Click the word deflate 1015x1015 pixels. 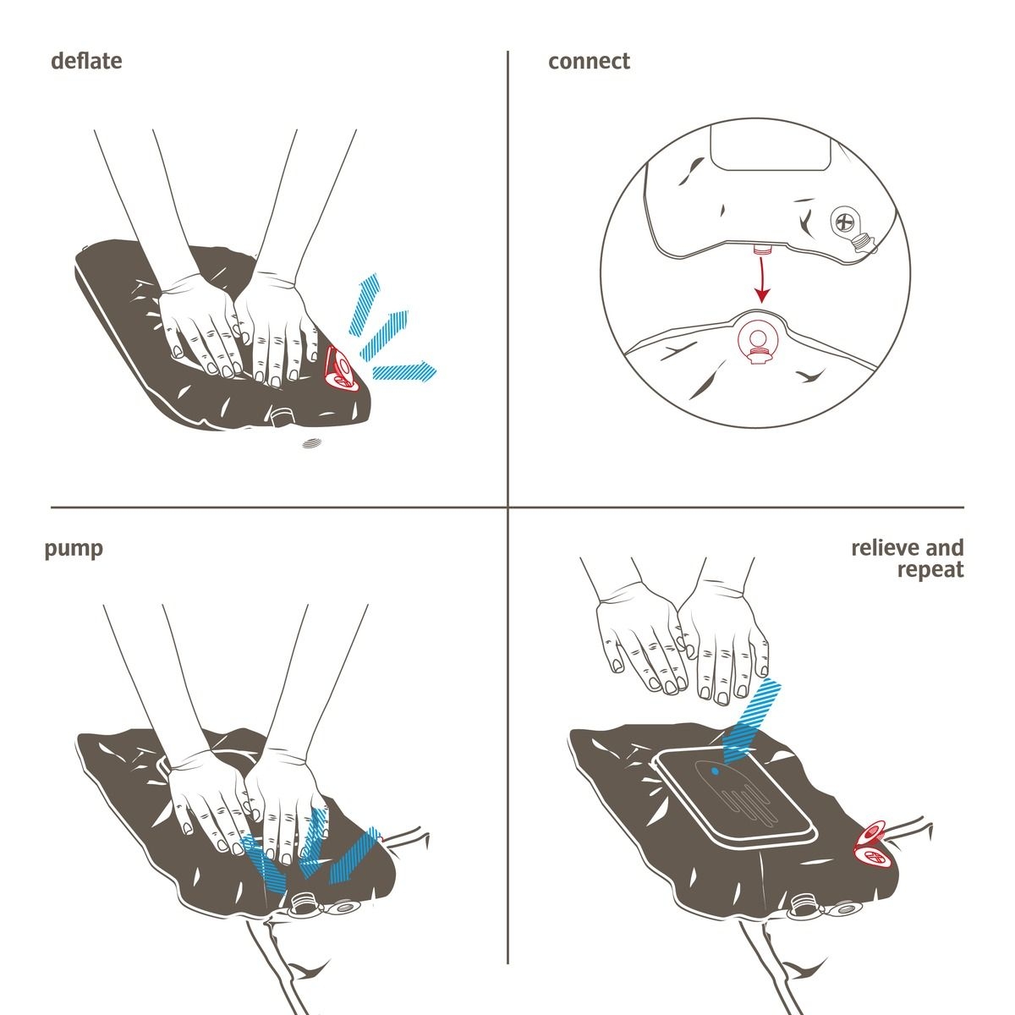(86, 61)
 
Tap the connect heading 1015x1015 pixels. (589, 62)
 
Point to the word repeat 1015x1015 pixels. (930, 570)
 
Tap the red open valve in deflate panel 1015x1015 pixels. (343, 369)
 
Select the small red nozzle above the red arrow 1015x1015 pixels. (761, 249)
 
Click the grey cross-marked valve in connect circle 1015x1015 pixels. (844, 222)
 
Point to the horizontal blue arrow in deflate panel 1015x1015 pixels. (404, 371)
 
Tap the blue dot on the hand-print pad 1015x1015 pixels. (714, 771)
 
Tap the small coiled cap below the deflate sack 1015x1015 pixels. (311, 443)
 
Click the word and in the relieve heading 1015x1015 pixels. (945, 548)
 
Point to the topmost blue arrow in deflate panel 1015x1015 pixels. (365, 304)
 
